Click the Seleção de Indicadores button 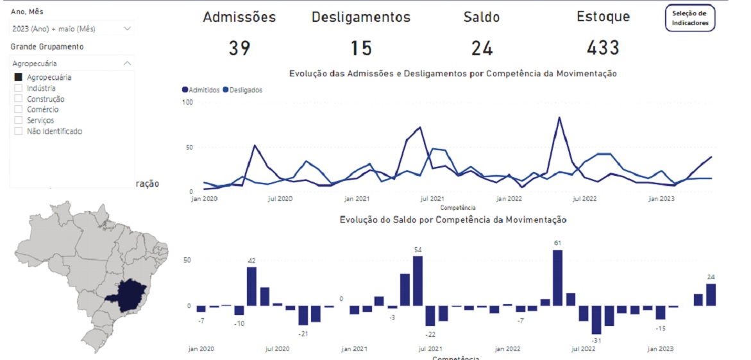(689, 18)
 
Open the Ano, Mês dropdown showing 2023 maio (71, 29)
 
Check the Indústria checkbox (19, 89)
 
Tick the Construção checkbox (19, 99)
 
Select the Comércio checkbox (19, 110)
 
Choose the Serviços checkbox (19, 121)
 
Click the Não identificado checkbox (19, 132)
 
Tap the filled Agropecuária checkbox (19, 78)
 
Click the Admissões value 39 (239, 48)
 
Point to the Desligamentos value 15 (361, 48)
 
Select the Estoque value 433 (603, 47)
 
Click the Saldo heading (481, 17)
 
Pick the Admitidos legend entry (201, 90)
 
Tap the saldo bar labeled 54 (418, 280)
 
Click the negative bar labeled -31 (596, 320)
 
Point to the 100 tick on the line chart (187, 102)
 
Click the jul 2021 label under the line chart (432, 200)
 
